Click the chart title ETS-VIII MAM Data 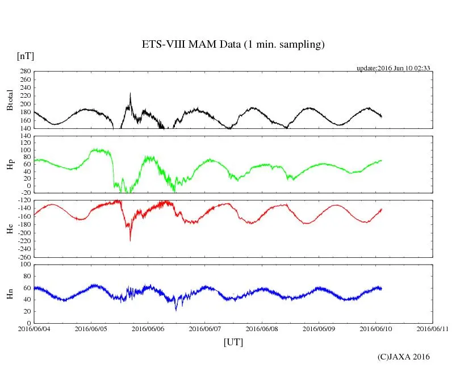tap(233, 45)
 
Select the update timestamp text tap(393, 68)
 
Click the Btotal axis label tap(9, 100)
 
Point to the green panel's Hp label tap(9, 165)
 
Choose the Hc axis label tap(9, 228)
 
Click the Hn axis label tap(9, 294)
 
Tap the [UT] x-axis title tap(233, 342)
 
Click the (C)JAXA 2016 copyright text tap(403, 357)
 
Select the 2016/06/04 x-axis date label tap(34, 329)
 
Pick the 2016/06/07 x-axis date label tap(205, 329)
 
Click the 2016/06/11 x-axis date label tap(432, 329)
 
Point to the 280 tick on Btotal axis tap(25, 72)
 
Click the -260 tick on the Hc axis tap(23, 257)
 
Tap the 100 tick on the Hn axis tap(25, 264)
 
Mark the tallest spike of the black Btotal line tap(130, 93)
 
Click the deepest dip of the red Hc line tap(130, 241)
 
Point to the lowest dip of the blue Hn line tap(176, 310)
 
